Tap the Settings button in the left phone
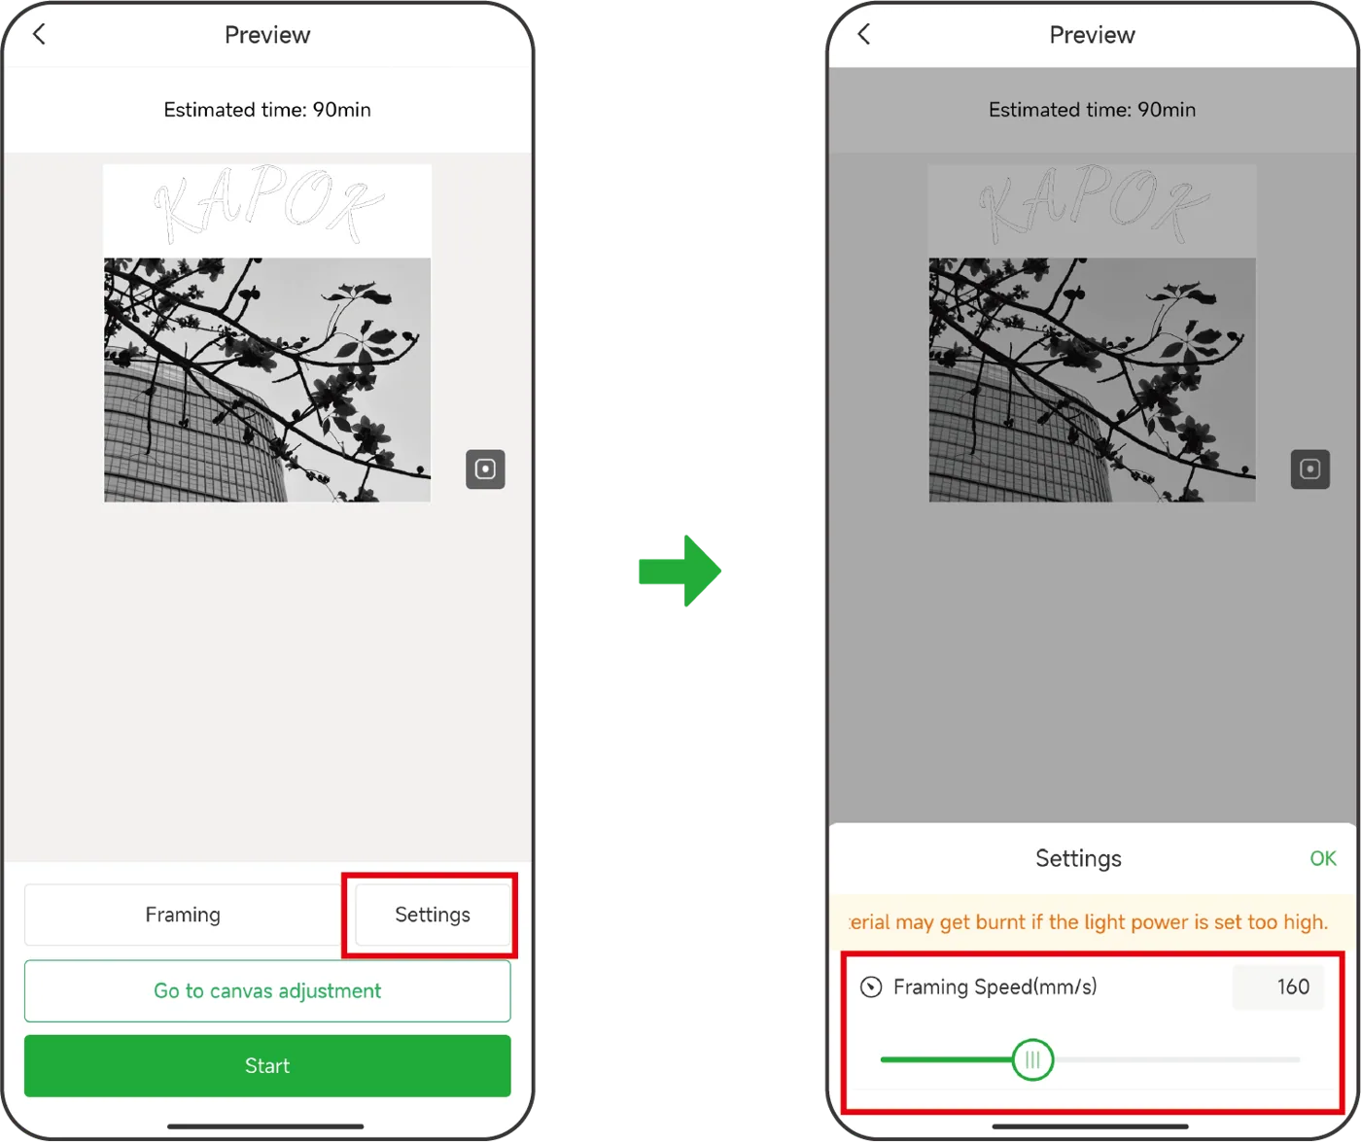pyautogui.click(x=433, y=915)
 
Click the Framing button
pyautogui.click(x=183, y=915)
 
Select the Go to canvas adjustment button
pyautogui.click(x=267, y=990)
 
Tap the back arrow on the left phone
pyautogui.click(x=39, y=34)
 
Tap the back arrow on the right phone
pyautogui.click(x=863, y=34)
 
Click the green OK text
pyautogui.click(x=1322, y=858)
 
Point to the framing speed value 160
pyautogui.click(x=1293, y=986)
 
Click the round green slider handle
pyautogui.click(x=1032, y=1059)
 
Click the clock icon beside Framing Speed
pyautogui.click(x=871, y=987)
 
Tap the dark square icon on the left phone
pyautogui.click(x=485, y=468)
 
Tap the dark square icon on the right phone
pyautogui.click(x=1310, y=468)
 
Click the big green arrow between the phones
pyautogui.click(x=680, y=571)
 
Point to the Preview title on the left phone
pyautogui.click(x=267, y=35)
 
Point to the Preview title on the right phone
pyautogui.click(x=1092, y=35)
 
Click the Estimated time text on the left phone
pyautogui.click(x=267, y=110)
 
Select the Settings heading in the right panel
pyautogui.click(x=1078, y=858)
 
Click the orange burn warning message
pyautogui.click(x=1089, y=922)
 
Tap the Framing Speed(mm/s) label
pyautogui.click(x=995, y=986)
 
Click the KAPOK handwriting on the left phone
pyautogui.click(x=268, y=204)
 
